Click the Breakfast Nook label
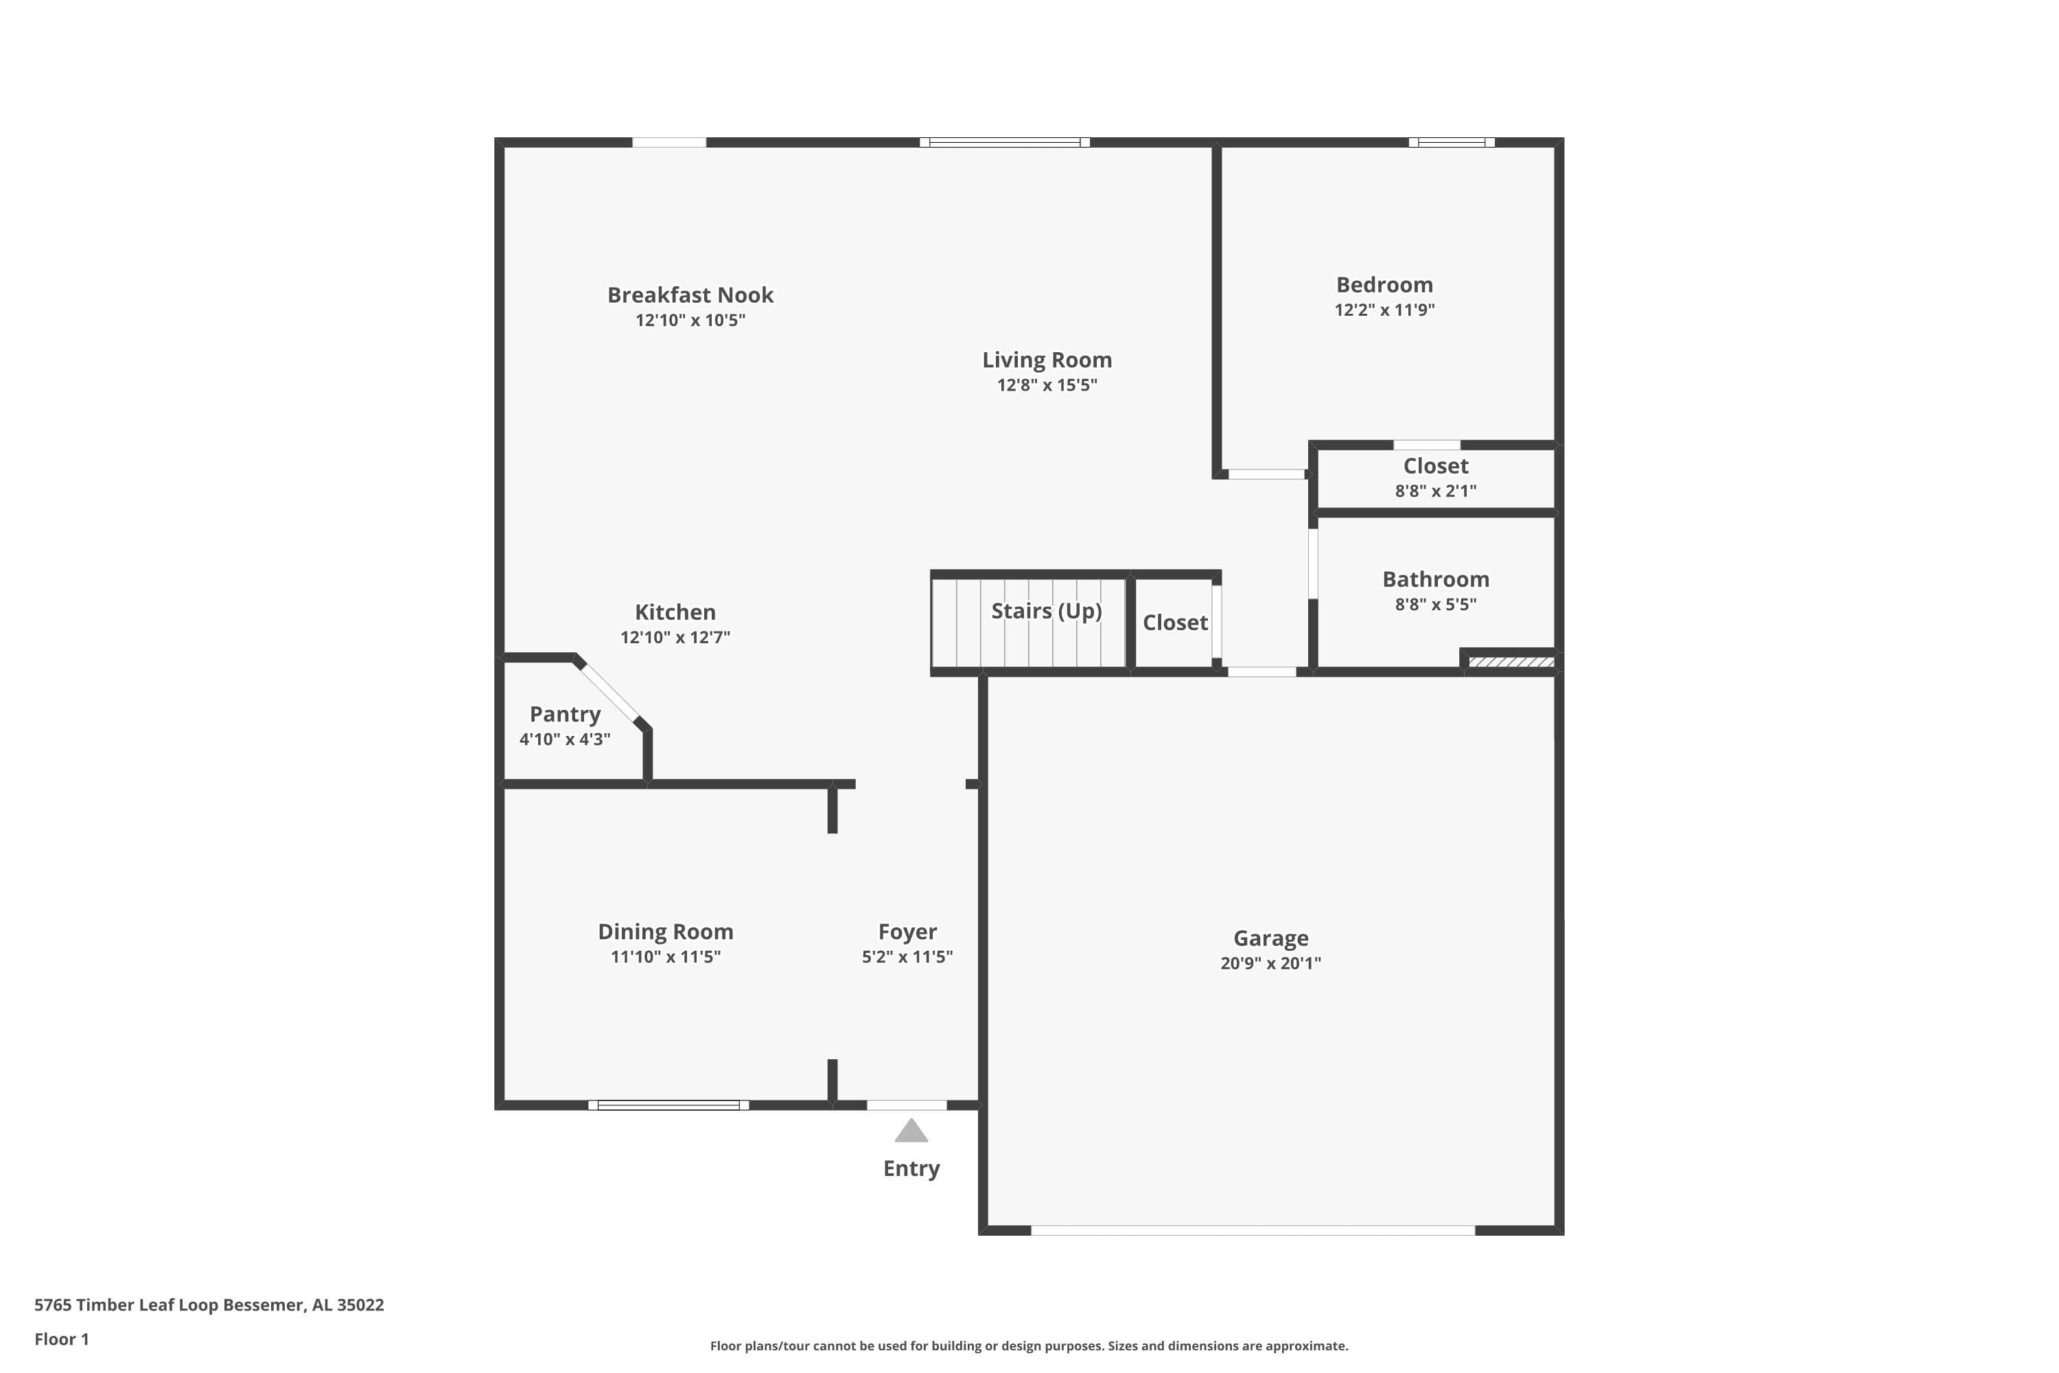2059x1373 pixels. coord(690,295)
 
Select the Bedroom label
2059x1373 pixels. coord(1384,285)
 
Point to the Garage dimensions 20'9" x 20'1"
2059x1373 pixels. coord(1270,963)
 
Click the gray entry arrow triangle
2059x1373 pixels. coord(911,1131)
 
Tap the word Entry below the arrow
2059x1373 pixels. coord(911,1168)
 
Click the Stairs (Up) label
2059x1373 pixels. coord(1045,610)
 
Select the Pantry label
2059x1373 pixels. coord(565,715)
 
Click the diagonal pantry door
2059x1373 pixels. coord(610,693)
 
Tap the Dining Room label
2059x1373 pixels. coord(665,932)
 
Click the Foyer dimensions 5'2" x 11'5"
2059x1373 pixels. coord(907,957)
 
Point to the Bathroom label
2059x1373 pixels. coord(1435,579)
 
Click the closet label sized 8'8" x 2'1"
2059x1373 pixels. coord(1435,466)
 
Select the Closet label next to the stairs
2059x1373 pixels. coord(1175,623)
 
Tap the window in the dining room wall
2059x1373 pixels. coord(668,1105)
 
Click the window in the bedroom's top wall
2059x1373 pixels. coord(1451,142)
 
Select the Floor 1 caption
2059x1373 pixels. coord(61,1339)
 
